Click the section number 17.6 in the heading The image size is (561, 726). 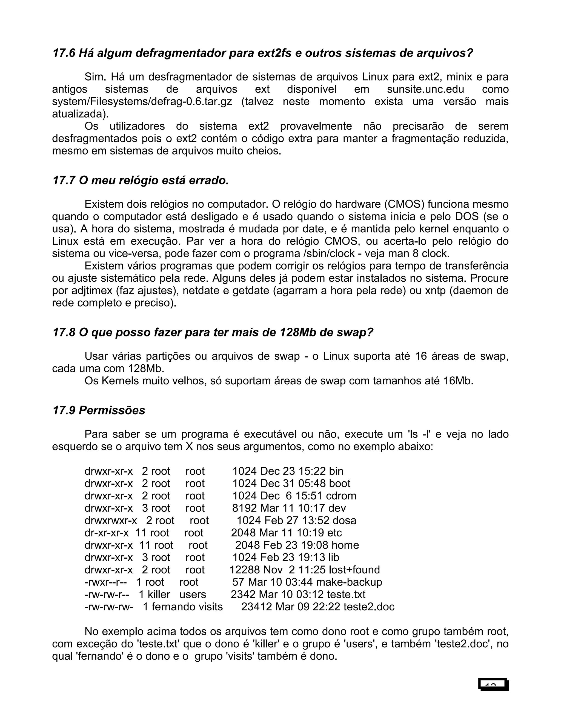[x=64, y=53]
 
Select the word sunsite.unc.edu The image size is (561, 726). [x=425, y=89]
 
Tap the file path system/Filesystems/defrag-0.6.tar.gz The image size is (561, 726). [x=142, y=101]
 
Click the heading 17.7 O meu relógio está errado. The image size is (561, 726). [x=141, y=181]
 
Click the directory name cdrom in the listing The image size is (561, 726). [x=341, y=496]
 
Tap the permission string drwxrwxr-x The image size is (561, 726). [x=110, y=520]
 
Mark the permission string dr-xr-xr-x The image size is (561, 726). [x=106, y=533]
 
